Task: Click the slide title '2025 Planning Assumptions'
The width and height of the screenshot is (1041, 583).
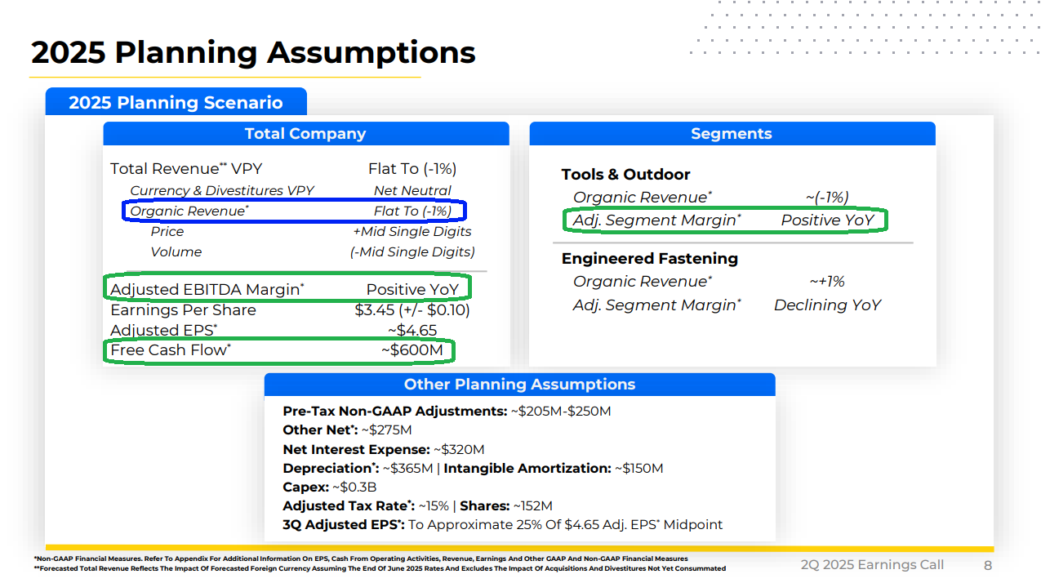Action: click(x=253, y=52)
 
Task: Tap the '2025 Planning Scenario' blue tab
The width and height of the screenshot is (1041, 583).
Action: click(x=176, y=102)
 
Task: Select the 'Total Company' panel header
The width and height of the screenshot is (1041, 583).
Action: click(x=306, y=133)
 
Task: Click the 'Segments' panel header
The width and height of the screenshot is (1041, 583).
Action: click(x=732, y=133)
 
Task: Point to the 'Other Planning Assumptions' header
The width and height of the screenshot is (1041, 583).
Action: click(x=519, y=385)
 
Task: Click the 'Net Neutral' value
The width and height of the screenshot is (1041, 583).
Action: click(x=412, y=190)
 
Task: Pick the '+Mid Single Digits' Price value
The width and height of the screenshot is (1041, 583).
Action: click(x=412, y=232)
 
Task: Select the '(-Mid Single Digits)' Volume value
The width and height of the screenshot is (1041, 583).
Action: click(x=412, y=252)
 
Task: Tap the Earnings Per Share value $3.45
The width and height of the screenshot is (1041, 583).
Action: click(x=412, y=310)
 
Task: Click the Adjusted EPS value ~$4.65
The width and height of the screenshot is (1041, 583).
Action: click(x=412, y=330)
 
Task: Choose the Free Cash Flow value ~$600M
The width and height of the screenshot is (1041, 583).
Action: click(x=412, y=350)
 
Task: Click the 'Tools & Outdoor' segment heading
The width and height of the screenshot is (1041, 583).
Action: click(x=625, y=175)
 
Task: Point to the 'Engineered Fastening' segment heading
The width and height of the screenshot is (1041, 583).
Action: click(x=650, y=259)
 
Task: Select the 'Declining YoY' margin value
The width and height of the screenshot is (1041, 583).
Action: click(x=827, y=305)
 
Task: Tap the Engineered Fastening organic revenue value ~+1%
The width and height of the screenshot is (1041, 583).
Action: click(x=827, y=281)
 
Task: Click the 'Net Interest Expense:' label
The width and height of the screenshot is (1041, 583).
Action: click(x=357, y=450)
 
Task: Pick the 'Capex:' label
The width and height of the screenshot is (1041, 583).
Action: click(x=306, y=487)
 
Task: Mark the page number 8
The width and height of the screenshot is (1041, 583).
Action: click(x=988, y=565)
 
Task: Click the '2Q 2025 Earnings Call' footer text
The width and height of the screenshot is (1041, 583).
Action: click(x=872, y=565)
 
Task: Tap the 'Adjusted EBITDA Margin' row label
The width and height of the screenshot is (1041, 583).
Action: click(x=207, y=290)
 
